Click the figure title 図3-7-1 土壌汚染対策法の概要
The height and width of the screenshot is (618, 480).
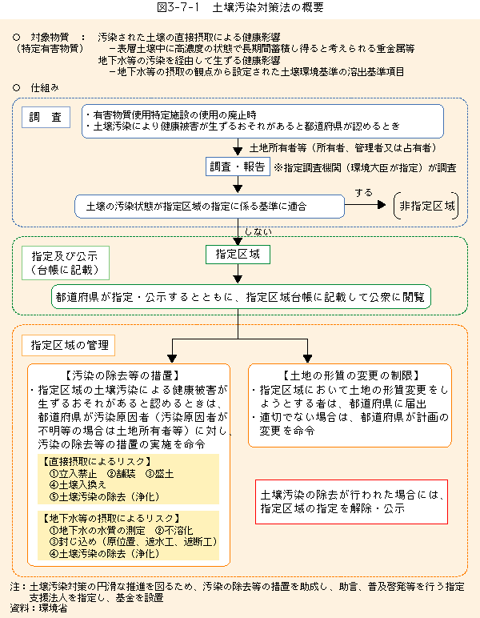(x=240, y=7)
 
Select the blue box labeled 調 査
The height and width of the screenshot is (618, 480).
(x=46, y=117)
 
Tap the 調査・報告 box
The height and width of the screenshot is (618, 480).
(x=238, y=167)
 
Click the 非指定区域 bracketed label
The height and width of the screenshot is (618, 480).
(x=426, y=206)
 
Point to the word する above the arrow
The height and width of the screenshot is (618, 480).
(x=363, y=193)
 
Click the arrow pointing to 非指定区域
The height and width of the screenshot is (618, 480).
(x=365, y=205)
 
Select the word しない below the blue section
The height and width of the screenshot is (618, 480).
(x=258, y=232)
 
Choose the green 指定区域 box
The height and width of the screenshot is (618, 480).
(x=238, y=255)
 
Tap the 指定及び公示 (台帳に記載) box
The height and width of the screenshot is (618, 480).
(x=66, y=263)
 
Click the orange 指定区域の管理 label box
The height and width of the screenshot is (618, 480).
(x=69, y=345)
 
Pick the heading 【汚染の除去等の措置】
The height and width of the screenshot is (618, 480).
(x=123, y=375)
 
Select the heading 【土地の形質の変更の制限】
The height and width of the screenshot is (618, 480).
(x=350, y=375)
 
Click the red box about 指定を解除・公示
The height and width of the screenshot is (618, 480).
(x=352, y=502)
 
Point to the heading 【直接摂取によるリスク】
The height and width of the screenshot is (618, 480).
(x=97, y=462)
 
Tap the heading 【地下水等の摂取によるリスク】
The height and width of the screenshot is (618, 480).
(x=111, y=518)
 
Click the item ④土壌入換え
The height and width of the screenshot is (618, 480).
(x=78, y=485)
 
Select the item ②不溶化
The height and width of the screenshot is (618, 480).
(x=174, y=531)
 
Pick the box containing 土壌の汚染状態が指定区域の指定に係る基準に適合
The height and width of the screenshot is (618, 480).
(x=210, y=206)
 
